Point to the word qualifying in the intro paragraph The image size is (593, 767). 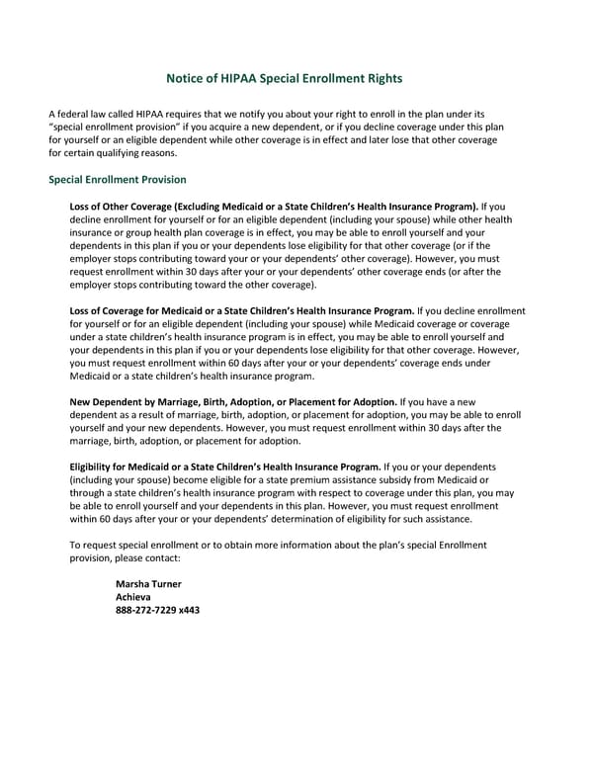(131, 154)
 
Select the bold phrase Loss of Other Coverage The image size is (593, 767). (122, 206)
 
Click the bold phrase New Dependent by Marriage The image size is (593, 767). (140, 402)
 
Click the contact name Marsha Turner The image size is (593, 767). (148, 584)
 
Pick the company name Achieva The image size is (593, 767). (134, 597)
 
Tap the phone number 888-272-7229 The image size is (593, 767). (147, 610)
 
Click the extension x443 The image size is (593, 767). (190, 610)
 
